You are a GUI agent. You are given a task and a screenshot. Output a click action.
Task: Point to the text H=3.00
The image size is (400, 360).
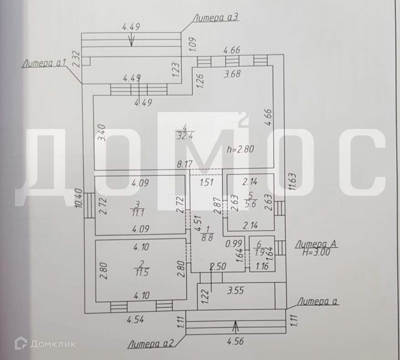point(316,252)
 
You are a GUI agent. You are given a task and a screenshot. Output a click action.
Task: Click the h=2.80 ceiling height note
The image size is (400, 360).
point(241,149)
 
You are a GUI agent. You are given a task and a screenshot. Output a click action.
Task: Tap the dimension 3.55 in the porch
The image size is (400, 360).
point(235,290)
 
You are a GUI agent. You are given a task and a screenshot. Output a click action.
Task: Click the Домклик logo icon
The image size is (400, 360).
point(21,343)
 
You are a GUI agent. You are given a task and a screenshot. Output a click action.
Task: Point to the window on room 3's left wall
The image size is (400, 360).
point(89,205)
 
